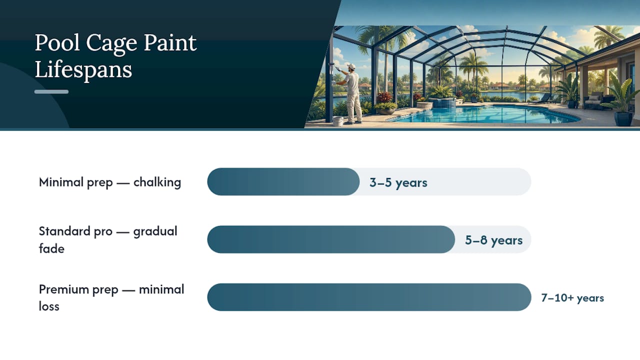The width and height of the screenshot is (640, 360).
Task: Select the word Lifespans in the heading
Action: coord(83,69)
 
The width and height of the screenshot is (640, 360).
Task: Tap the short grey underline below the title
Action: coord(51,91)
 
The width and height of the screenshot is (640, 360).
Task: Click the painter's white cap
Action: coord(351,66)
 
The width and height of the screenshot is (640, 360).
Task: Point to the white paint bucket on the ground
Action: coord(338,121)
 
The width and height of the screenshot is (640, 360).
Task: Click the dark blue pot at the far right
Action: coord(623,118)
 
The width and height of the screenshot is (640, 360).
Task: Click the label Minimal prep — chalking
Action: coord(110,182)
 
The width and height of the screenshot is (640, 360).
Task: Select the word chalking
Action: coord(157,182)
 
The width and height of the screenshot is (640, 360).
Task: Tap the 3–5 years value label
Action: coord(398,182)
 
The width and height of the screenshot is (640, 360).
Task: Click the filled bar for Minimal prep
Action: coord(283,181)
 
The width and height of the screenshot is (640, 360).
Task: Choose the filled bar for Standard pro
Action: coord(331,239)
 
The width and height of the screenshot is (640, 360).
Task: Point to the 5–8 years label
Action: coord(493,240)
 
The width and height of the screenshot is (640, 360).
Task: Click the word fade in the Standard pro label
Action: coord(51,248)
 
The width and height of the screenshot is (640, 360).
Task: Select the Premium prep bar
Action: coord(369,297)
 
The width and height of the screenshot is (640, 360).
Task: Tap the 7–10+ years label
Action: coord(572,297)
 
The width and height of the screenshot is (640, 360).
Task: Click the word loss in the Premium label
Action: coord(49,306)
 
